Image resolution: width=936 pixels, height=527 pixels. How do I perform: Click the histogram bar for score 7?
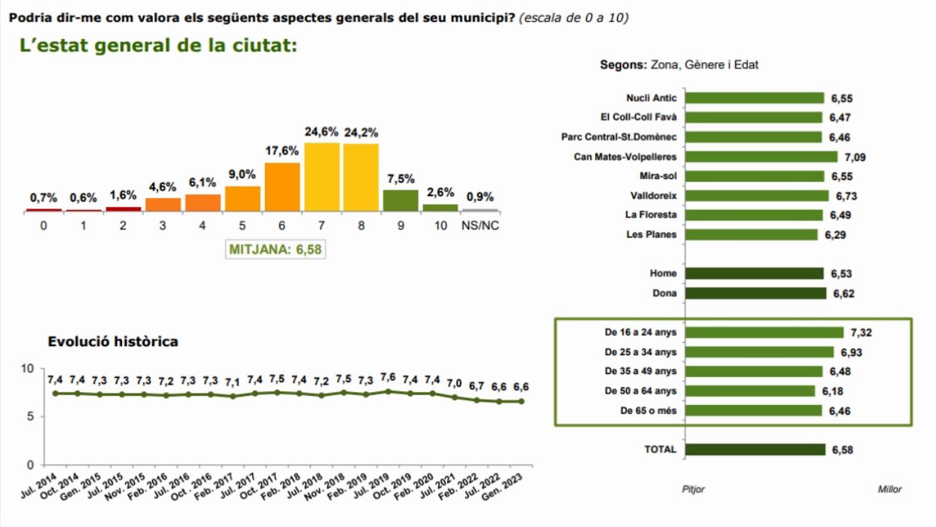click(x=321, y=177)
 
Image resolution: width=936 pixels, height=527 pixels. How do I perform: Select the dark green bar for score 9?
click(x=401, y=200)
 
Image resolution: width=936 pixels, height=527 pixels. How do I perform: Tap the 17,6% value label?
click(x=281, y=150)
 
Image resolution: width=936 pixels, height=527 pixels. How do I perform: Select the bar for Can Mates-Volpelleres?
click(x=761, y=157)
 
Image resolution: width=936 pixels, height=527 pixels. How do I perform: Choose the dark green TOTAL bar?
click(x=755, y=450)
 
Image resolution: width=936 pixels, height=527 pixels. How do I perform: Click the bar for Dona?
click(x=756, y=293)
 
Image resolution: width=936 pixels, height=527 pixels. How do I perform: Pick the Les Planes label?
click(x=651, y=235)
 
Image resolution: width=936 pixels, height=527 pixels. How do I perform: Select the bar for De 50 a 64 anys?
click(x=750, y=391)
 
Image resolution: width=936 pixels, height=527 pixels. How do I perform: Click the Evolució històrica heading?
click(x=113, y=342)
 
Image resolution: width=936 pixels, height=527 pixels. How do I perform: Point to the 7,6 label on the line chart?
click(x=389, y=377)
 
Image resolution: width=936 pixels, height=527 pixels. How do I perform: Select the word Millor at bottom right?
click(x=890, y=490)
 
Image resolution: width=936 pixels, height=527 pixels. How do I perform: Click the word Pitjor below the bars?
click(x=693, y=490)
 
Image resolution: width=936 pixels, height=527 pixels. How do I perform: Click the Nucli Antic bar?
click(x=754, y=98)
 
